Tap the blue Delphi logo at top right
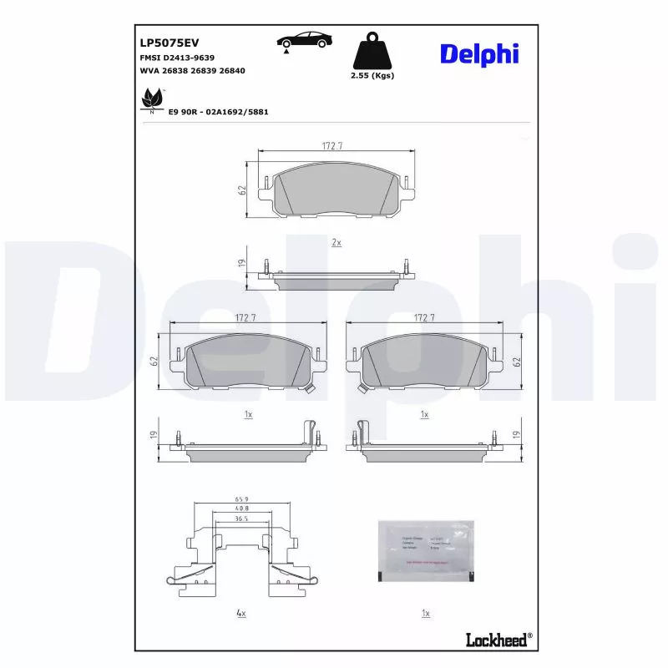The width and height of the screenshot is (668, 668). click(x=479, y=53)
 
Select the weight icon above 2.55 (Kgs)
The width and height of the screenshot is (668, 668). click(x=373, y=52)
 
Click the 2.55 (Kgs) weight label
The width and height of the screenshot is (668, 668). click(x=373, y=75)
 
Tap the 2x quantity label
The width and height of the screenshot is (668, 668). click(x=337, y=242)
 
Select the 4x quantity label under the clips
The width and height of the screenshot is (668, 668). click(x=240, y=614)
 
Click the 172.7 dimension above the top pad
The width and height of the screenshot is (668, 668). click(x=334, y=146)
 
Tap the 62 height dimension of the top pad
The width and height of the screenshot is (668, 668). click(x=242, y=190)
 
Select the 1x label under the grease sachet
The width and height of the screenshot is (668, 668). click(x=425, y=614)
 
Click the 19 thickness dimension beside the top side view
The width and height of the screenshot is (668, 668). click(x=242, y=264)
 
